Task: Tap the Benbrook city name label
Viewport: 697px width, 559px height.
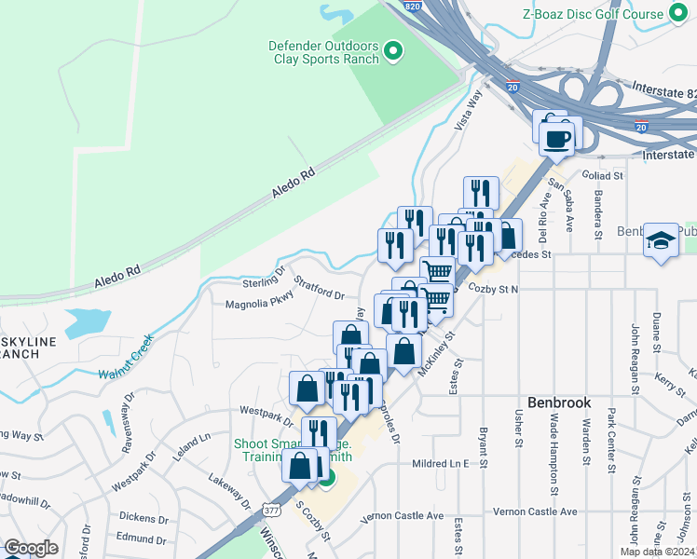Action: click(559, 402)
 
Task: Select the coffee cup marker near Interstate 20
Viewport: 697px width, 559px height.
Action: click(558, 140)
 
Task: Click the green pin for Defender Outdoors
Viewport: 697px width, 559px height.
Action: click(393, 51)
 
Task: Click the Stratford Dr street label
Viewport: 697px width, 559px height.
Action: click(319, 287)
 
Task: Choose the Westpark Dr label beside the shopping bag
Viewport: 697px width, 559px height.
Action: click(266, 410)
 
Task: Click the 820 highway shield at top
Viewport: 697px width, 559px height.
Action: click(414, 7)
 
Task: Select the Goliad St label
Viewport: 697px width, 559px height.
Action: click(604, 175)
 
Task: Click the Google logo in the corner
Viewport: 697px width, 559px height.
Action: click(31, 548)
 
